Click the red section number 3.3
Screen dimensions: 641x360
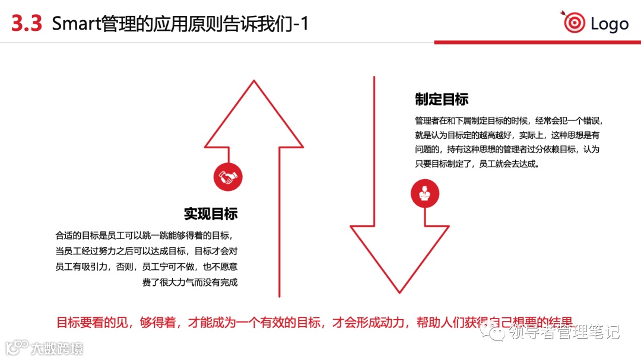coord(27,24)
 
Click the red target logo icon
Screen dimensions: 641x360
coord(573,23)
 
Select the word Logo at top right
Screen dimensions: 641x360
coord(610,24)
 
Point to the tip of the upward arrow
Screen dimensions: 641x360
coord(254,81)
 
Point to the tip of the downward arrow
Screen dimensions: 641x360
coord(399,292)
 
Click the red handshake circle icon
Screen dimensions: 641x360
coord(228,177)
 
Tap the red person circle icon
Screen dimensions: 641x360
coord(425,193)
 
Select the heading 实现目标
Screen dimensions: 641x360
coord(210,214)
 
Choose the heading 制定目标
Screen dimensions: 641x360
coord(442,99)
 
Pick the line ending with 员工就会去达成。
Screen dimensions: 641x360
coord(477,164)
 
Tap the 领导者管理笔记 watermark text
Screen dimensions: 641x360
coord(564,332)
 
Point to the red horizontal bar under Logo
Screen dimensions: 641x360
coord(537,42)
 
